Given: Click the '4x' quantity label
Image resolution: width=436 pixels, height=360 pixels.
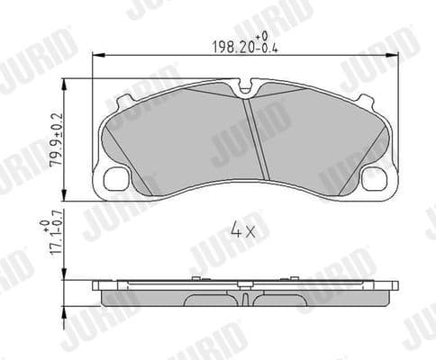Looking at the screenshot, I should [x=243, y=231].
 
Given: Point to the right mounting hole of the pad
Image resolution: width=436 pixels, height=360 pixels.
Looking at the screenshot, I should [x=372, y=179].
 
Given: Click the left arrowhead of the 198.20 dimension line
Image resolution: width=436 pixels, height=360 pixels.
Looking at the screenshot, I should [x=97, y=57].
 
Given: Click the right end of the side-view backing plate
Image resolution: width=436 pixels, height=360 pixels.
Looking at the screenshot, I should [x=395, y=286].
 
